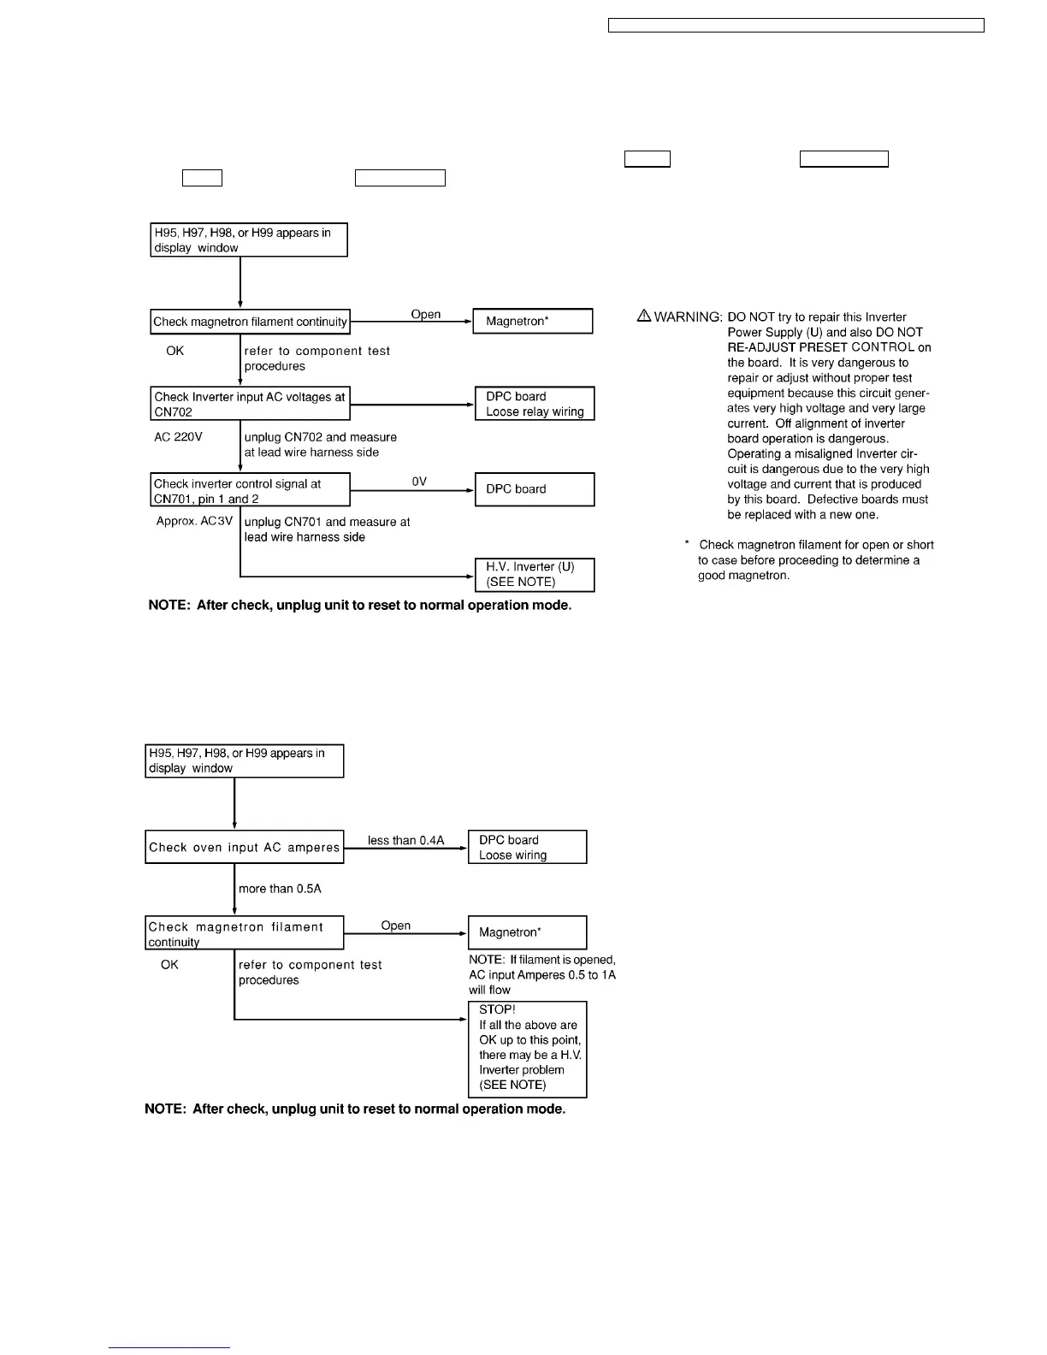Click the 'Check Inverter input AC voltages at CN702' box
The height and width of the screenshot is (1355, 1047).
(251, 404)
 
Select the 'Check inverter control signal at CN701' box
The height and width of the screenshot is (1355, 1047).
(251, 490)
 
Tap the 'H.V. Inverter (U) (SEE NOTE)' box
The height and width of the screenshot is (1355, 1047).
(534, 574)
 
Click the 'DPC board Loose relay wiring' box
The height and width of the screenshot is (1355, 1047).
(534, 404)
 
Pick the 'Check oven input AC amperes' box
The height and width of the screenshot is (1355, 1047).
(245, 847)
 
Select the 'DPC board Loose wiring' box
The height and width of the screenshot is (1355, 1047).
(527, 847)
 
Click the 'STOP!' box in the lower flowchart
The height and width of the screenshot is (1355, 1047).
(527, 1049)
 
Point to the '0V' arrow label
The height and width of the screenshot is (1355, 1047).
(419, 482)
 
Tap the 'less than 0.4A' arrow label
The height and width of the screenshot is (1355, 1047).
(405, 840)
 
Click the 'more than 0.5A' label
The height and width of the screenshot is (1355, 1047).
(280, 889)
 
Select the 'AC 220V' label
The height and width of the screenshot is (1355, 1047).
(178, 437)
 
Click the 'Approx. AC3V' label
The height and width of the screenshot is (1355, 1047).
(194, 521)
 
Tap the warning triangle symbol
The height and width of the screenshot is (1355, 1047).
(644, 316)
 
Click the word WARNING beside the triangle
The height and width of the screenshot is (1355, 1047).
(688, 317)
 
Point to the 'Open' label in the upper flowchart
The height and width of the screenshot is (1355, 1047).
(425, 314)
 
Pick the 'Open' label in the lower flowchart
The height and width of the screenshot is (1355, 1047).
(395, 926)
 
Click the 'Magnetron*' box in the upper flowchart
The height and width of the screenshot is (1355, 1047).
(532, 321)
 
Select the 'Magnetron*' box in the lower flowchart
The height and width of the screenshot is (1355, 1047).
(527, 932)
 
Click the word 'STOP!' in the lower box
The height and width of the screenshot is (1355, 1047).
(497, 1009)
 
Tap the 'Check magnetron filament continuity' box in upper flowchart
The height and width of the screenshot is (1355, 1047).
(250, 322)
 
